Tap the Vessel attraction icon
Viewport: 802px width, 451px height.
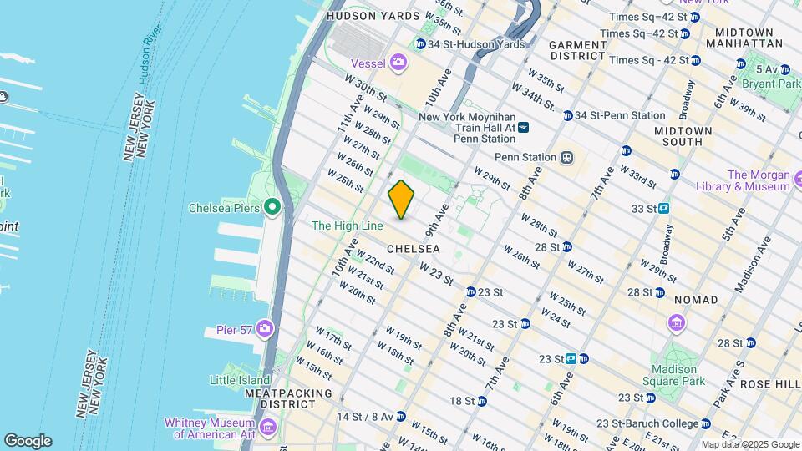pos(399,62)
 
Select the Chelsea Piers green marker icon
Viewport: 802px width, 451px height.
pos(272,207)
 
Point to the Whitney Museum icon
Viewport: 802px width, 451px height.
pos(268,428)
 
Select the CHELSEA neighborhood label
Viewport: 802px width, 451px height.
pos(414,249)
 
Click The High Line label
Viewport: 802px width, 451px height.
pos(347,225)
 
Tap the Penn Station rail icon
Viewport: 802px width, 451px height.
pos(566,157)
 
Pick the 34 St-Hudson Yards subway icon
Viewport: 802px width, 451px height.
pos(421,44)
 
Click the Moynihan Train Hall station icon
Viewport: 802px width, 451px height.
pos(523,128)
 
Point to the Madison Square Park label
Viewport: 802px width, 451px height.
pos(676,375)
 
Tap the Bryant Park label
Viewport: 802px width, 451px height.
pos(777,84)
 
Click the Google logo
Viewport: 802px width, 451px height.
pos(28,441)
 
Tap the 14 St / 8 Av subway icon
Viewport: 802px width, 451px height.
pos(400,416)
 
